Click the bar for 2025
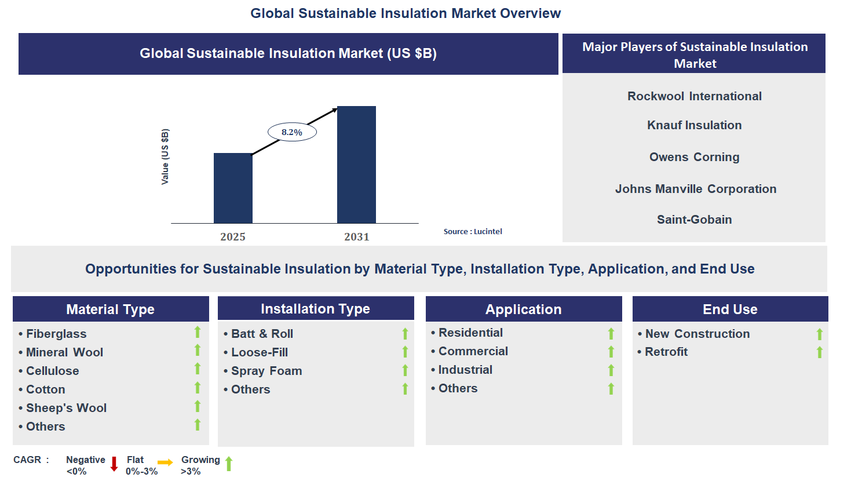pyautogui.click(x=233, y=188)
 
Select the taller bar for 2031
pyautogui.click(x=356, y=165)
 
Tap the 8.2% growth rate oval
pyautogui.click(x=292, y=132)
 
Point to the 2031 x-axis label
pyautogui.click(x=356, y=236)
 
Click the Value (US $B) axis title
pyautogui.click(x=165, y=156)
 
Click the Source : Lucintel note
pyautogui.click(x=473, y=231)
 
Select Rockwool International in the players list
pyautogui.click(x=694, y=96)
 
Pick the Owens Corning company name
pyautogui.click(x=694, y=157)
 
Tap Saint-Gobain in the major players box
pyautogui.click(x=694, y=220)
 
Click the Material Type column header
pyautogui.click(x=111, y=309)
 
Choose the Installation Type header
pyautogui.click(x=315, y=309)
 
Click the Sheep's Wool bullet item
pyautogui.click(x=66, y=408)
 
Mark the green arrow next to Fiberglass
pyautogui.click(x=198, y=332)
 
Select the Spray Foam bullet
pyautogui.click(x=266, y=371)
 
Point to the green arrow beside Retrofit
pyautogui.click(x=819, y=352)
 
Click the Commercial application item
pyautogui.click(x=473, y=351)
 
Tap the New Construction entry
pyautogui.click(x=697, y=334)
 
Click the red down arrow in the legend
pyautogui.click(x=114, y=464)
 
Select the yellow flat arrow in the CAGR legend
pyautogui.click(x=165, y=462)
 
